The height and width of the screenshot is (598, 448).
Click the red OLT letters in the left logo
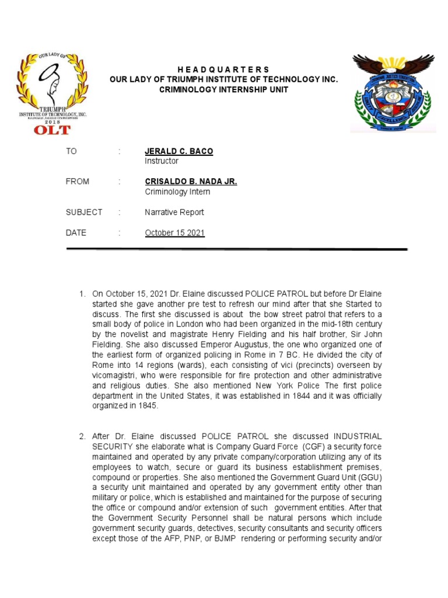52,129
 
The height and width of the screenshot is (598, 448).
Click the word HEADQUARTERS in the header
223,69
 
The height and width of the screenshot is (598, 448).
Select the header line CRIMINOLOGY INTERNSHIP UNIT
223,89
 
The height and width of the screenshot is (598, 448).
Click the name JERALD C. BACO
178,151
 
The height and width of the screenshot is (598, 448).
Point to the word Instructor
162,161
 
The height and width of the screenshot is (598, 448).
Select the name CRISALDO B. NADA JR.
191,182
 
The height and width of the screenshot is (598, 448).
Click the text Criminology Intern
177,192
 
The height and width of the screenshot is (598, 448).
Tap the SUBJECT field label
83,213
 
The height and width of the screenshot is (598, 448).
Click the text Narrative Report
174,213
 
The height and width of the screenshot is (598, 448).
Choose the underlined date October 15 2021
174,233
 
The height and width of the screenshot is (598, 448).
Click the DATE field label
76,233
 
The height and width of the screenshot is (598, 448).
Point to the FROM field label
78,182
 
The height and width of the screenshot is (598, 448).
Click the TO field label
71,151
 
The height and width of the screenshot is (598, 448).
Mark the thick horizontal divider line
236,249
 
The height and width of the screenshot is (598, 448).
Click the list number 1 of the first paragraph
82,293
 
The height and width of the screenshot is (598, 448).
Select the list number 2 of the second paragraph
82,436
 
